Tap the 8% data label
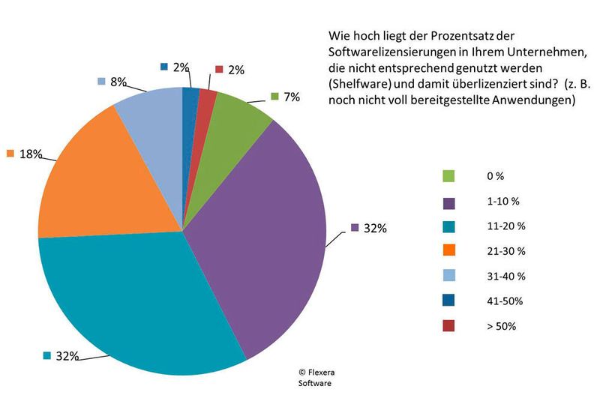click(117, 81)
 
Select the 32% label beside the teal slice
click(67, 356)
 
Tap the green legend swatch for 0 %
click(448, 176)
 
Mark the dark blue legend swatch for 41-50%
click(448, 301)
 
